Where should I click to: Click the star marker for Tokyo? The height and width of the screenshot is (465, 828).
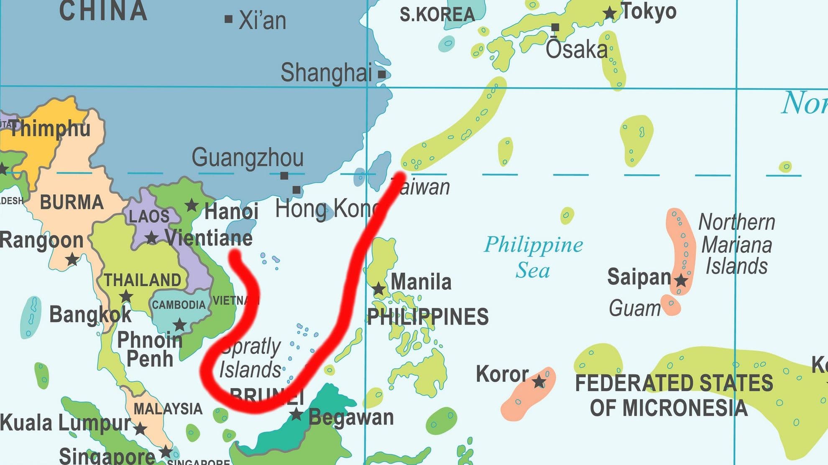tap(610, 13)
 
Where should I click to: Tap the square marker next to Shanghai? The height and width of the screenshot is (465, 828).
tap(382, 74)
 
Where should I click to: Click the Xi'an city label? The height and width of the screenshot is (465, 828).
tap(262, 20)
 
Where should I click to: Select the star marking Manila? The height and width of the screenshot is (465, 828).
tap(379, 288)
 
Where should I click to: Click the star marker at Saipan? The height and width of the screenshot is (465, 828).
tap(681, 280)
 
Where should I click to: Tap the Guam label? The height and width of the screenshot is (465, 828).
tap(634, 308)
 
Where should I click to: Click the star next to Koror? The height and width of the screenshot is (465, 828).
tap(539, 381)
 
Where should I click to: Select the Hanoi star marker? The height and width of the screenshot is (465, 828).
tap(192, 205)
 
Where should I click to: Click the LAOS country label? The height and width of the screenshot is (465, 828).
tap(149, 216)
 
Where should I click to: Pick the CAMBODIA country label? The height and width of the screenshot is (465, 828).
tap(179, 305)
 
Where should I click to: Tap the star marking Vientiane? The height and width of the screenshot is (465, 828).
tap(151, 238)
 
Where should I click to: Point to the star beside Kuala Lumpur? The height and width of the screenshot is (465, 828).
tap(141, 429)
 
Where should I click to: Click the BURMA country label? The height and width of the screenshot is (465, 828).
tap(72, 202)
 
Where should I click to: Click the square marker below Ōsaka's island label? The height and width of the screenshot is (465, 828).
tap(555, 28)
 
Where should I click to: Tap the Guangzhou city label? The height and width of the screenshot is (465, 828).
tap(248, 158)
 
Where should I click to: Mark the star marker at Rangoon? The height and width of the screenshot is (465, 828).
tap(72, 259)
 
